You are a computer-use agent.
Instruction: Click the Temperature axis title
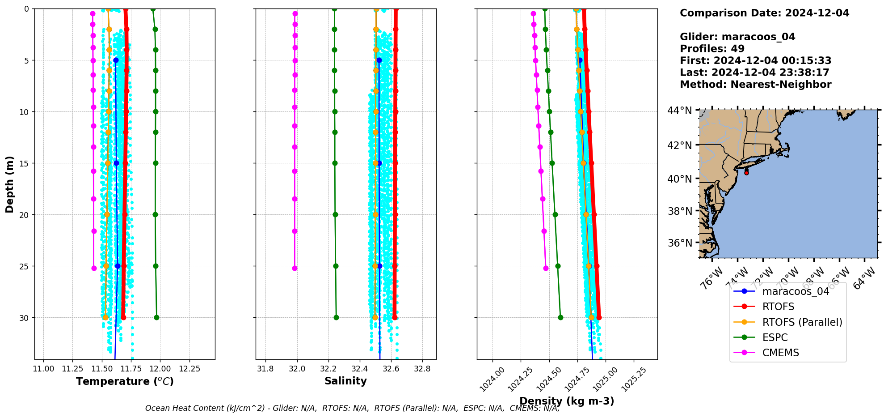coord(125,381)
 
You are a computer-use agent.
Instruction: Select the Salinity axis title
coord(345,381)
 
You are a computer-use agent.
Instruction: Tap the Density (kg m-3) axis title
coord(567,401)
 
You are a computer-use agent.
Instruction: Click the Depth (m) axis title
coord(10,184)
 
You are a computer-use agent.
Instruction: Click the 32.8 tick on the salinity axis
coord(422,369)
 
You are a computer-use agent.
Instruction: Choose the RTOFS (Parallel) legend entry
coord(802,322)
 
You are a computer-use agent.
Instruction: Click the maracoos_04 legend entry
coord(796,291)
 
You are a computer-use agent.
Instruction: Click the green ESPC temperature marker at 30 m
coord(156,318)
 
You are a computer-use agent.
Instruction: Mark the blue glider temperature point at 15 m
coord(116,163)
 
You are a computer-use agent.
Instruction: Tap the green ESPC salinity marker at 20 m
coord(335,215)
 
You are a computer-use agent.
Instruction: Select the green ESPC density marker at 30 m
coord(560,318)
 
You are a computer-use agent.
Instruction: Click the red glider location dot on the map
coord(746,172)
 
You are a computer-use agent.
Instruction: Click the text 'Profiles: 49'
coord(712,49)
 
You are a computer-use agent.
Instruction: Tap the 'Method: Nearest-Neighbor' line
coord(755,85)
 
